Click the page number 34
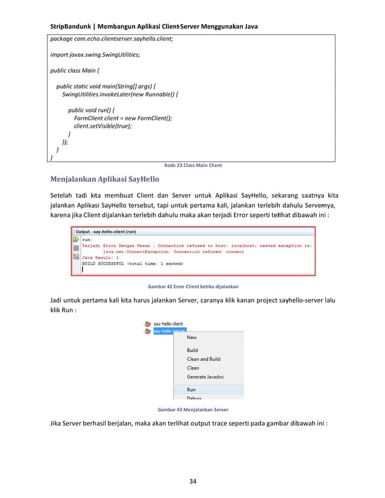click(193, 481)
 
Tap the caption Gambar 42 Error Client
click(192, 286)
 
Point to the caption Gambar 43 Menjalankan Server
click(192, 409)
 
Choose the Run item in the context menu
click(191, 389)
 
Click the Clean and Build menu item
click(203, 359)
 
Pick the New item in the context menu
click(191, 338)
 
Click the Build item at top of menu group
click(192, 350)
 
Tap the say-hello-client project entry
click(168, 323)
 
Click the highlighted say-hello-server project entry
click(168, 330)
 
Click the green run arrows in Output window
click(76, 239)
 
